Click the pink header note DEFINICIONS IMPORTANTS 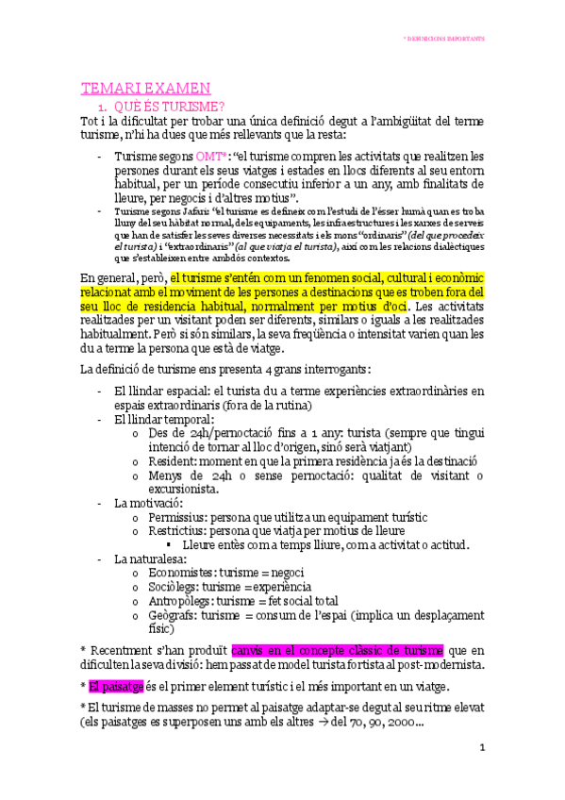point(443,40)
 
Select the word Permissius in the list point(178,517)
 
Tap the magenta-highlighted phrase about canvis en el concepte point(337,649)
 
